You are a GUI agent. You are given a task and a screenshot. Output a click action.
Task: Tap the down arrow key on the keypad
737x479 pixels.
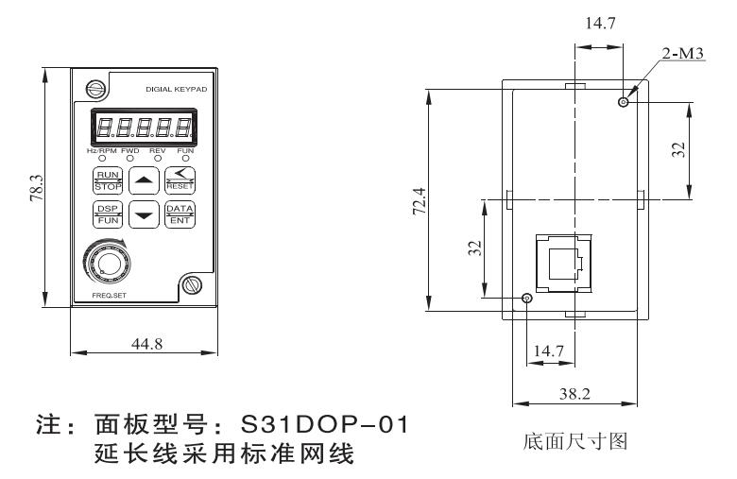(x=143, y=214)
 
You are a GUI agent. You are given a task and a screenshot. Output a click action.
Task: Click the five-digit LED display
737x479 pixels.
(x=142, y=128)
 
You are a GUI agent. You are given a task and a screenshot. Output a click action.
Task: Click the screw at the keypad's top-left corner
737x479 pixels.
(x=94, y=90)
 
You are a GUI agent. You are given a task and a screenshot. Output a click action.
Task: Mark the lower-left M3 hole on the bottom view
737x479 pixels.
(x=527, y=299)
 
